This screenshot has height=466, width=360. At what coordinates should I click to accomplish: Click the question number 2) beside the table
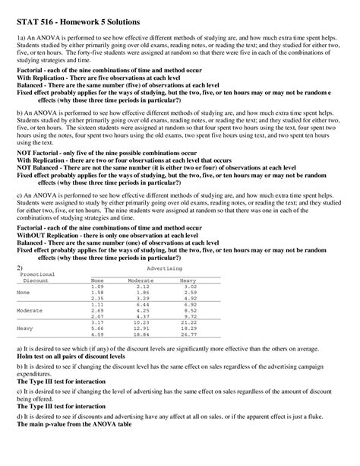tap(21, 268)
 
